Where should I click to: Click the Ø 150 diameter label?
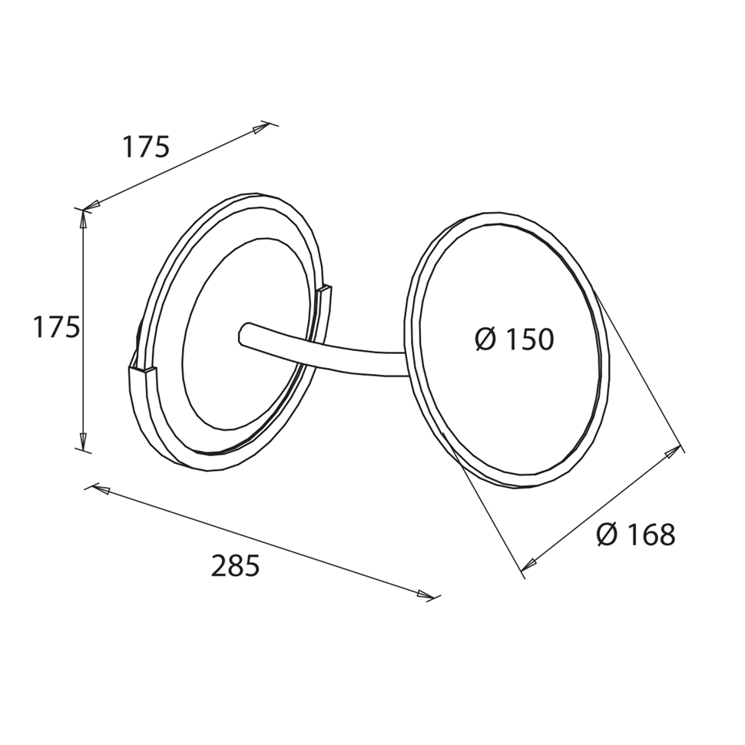[x=515, y=339]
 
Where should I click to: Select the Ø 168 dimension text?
[x=636, y=535]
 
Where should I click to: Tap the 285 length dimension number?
[x=235, y=566]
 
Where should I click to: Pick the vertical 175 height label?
[x=56, y=327]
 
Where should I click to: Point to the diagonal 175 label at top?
[x=146, y=146]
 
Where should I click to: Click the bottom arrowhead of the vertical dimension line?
[x=83, y=440]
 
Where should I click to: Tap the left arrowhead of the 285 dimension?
[x=101, y=489]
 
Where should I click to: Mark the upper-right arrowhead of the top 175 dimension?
[x=261, y=127]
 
